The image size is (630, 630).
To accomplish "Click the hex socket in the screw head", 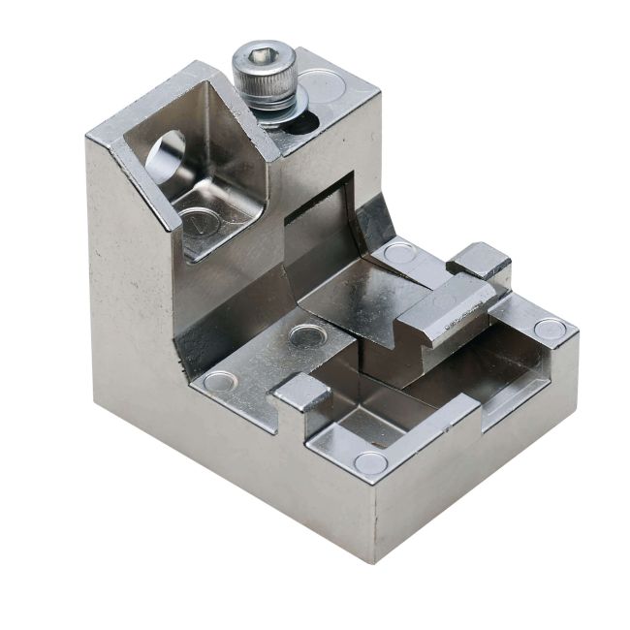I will point(261,56).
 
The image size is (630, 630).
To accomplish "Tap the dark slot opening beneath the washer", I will point(302,123).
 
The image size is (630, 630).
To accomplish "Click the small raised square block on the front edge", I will point(300,392).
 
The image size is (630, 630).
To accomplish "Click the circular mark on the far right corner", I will point(550,330).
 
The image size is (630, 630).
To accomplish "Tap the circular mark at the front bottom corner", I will point(370,463).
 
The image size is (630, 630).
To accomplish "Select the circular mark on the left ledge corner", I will point(219,381).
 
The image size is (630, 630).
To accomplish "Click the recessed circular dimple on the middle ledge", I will point(307,337).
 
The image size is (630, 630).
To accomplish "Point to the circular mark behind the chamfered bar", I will point(398,255).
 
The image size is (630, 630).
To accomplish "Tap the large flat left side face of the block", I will point(131,320).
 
